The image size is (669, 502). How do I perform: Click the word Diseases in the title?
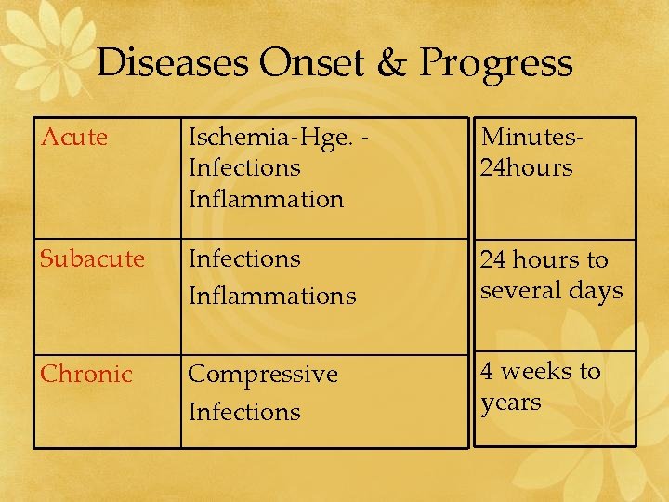(x=173, y=63)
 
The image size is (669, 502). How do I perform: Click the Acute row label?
(x=74, y=138)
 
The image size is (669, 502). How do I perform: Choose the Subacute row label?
(x=92, y=258)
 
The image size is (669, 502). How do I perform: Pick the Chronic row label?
(x=86, y=374)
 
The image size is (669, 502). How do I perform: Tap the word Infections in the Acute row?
(x=244, y=168)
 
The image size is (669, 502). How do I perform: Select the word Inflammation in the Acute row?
(x=266, y=199)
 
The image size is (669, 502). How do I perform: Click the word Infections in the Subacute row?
(x=244, y=258)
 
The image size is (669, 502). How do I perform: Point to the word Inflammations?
(x=271, y=297)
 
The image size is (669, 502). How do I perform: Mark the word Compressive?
(x=263, y=374)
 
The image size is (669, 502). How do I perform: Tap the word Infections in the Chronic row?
(x=244, y=412)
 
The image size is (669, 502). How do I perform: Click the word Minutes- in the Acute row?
(x=531, y=138)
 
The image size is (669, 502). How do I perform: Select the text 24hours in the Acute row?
(x=526, y=168)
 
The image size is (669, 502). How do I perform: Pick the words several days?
(x=551, y=291)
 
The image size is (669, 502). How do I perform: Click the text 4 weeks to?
(x=540, y=372)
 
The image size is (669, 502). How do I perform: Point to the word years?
(x=510, y=403)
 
